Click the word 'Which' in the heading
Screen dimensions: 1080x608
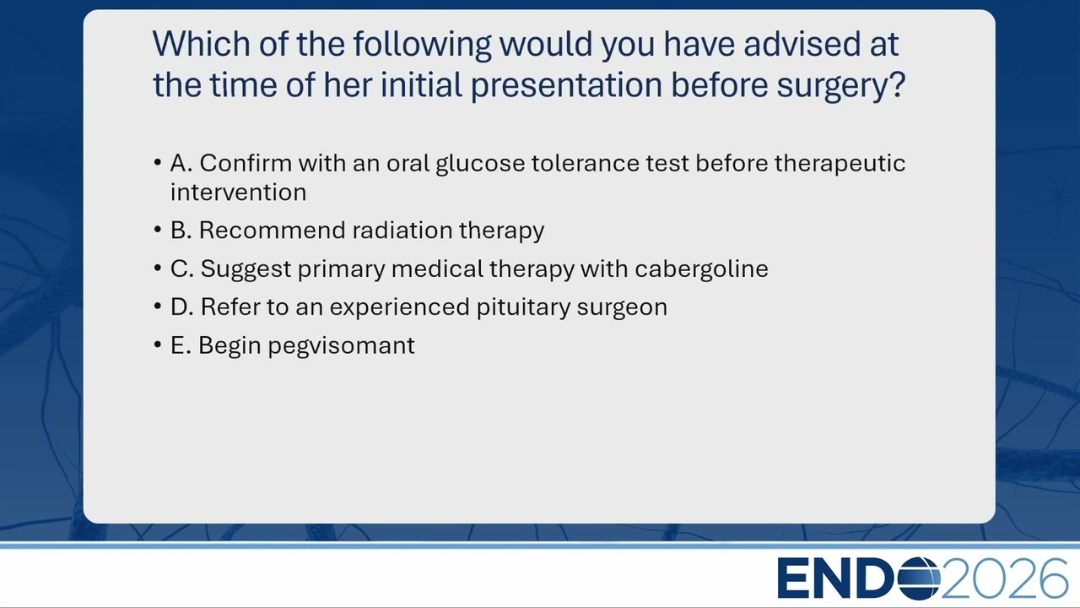[x=202, y=44]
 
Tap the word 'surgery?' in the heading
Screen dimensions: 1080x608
[x=841, y=85]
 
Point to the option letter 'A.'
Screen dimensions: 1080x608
[x=181, y=163]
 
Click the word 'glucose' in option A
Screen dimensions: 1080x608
[x=480, y=164]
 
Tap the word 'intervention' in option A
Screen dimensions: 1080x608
[x=238, y=192]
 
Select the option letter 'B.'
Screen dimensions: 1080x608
[x=181, y=231]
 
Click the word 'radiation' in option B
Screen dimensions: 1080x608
[x=402, y=231]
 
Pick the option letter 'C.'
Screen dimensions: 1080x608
[x=181, y=269]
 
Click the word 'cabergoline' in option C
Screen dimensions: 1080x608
[x=701, y=269]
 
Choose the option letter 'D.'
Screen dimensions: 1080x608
[x=181, y=307]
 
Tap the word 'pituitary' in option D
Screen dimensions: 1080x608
[x=523, y=307]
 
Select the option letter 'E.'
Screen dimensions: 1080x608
[x=181, y=345]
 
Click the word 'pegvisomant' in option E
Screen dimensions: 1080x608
[x=342, y=346]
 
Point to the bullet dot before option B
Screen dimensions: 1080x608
[x=158, y=230]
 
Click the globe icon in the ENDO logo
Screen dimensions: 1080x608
[x=919, y=578]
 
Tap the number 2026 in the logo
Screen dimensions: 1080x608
[x=1004, y=578]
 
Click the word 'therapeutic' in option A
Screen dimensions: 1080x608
[x=840, y=164]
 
